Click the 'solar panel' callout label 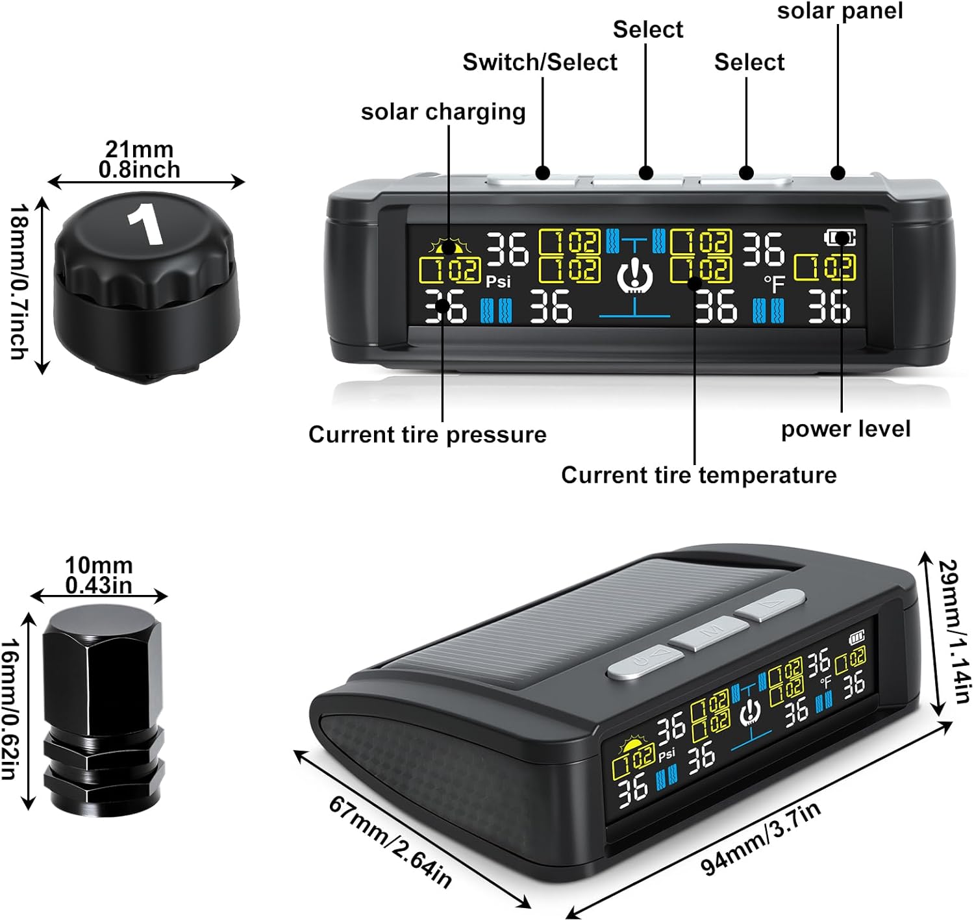click(x=840, y=11)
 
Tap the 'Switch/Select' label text click(x=540, y=62)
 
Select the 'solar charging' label click(x=443, y=112)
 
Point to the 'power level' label click(x=845, y=429)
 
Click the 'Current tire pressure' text click(x=427, y=435)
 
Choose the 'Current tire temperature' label click(x=699, y=475)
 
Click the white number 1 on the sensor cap click(x=145, y=225)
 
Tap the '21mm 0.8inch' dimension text click(x=140, y=159)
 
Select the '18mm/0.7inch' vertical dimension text click(x=19, y=282)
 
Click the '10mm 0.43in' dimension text click(x=99, y=575)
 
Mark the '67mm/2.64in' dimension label click(x=390, y=842)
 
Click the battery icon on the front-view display click(x=840, y=238)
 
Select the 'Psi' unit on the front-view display click(x=498, y=282)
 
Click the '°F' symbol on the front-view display click(x=774, y=283)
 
